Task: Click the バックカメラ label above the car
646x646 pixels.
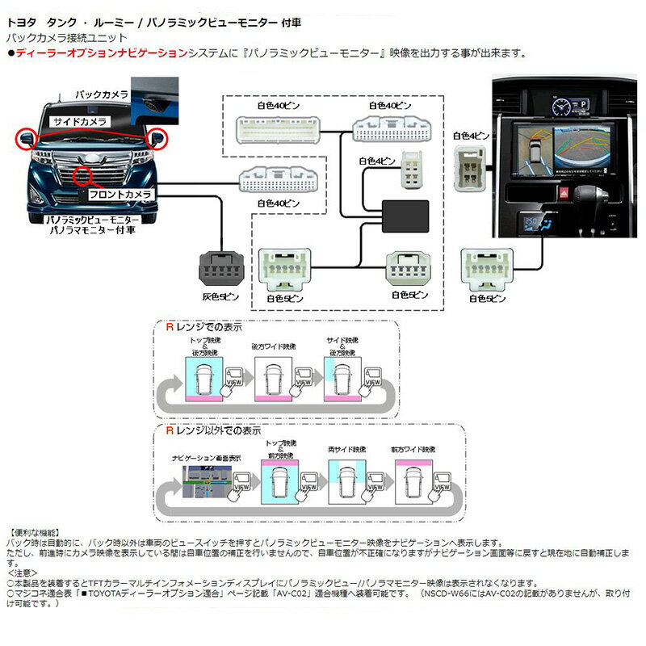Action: tap(101, 95)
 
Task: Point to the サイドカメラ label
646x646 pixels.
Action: tap(79, 121)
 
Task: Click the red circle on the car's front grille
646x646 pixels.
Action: tap(84, 174)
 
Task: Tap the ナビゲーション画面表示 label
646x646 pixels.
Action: tap(203, 457)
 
